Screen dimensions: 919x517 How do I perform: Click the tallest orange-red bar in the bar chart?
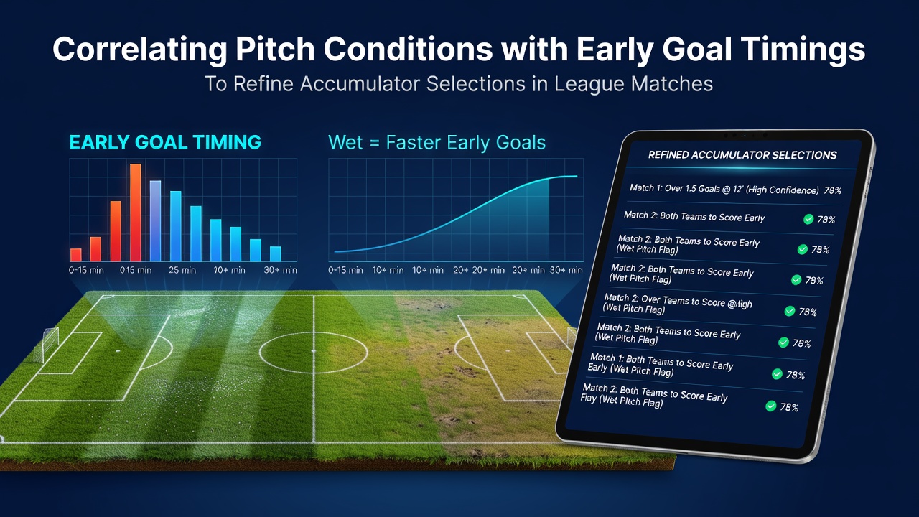pos(136,213)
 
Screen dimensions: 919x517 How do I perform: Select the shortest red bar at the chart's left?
pos(76,255)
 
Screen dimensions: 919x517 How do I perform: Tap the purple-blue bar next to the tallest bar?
pos(156,220)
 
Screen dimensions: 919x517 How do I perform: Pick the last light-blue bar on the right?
pos(276,253)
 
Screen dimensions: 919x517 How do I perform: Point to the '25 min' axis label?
pos(182,270)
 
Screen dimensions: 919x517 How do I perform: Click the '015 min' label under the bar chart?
pos(136,270)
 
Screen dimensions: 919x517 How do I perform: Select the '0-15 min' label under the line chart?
pos(345,270)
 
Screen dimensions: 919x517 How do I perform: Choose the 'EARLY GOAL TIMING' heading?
pos(165,142)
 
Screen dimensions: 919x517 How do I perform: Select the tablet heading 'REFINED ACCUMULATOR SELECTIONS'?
pos(742,155)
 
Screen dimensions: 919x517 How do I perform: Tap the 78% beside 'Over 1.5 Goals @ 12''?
pos(833,190)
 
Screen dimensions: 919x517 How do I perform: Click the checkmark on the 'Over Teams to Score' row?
pos(790,311)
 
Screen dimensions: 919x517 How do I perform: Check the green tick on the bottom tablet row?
pos(771,406)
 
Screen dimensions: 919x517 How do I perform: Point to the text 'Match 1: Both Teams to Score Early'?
pos(662,361)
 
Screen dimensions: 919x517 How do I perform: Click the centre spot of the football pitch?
pos(314,351)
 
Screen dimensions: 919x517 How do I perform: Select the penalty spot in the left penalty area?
pos(118,351)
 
